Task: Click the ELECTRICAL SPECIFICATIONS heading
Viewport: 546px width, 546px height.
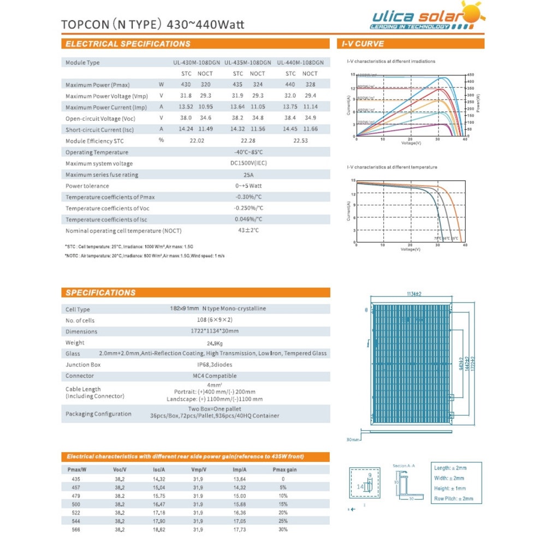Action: [x=128, y=44]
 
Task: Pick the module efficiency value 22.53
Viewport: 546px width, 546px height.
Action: [x=299, y=141]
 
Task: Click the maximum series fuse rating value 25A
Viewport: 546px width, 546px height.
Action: [x=248, y=175]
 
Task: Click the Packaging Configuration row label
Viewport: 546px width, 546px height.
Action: [x=98, y=414]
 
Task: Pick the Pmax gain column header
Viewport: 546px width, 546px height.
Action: [x=284, y=470]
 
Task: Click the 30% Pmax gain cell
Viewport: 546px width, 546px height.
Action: [x=283, y=529]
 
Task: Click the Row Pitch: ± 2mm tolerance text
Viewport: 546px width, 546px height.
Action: [x=454, y=498]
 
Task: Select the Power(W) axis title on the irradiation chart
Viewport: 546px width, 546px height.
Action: [x=478, y=103]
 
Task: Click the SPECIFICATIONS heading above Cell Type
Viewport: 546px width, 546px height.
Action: [x=100, y=293]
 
